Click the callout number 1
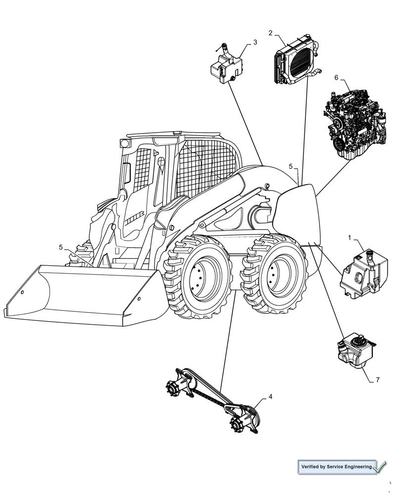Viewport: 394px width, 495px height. tap(349, 238)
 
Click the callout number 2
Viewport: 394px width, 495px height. tap(271, 33)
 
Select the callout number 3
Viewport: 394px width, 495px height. tap(255, 43)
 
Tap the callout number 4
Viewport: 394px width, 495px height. tap(270, 396)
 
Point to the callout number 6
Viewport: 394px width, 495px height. tap(336, 78)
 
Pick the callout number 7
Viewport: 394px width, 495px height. tap(377, 380)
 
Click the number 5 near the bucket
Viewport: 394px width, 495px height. tap(61, 247)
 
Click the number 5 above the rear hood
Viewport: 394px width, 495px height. tap(291, 166)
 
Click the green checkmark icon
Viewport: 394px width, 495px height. tap(381, 466)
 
